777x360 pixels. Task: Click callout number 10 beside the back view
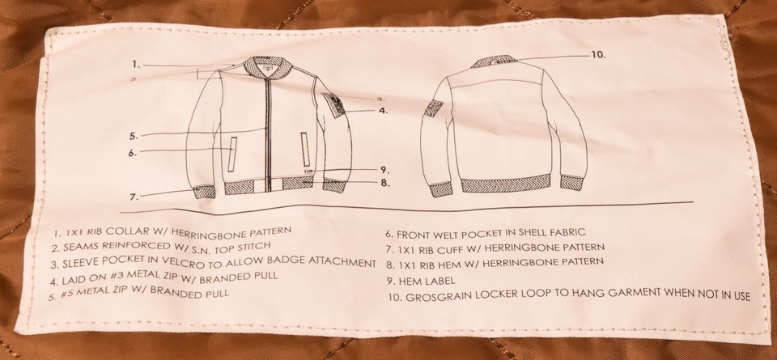point(598,54)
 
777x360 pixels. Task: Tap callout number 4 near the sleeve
point(383,110)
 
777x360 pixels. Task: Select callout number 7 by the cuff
point(134,197)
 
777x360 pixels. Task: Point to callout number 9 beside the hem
point(384,169)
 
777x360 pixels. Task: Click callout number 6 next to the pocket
point(132,153)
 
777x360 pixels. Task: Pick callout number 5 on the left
point(134,136)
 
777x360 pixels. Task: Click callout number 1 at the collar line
point(136,64)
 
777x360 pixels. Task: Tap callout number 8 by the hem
point(385,183)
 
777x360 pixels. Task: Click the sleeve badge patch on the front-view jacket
point(334,104)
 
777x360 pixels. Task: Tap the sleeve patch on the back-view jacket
point(434,108)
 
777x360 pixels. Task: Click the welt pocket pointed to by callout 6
point(232,155)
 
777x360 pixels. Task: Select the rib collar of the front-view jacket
point(268,68)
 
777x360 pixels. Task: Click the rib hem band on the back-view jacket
point(506,184)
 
